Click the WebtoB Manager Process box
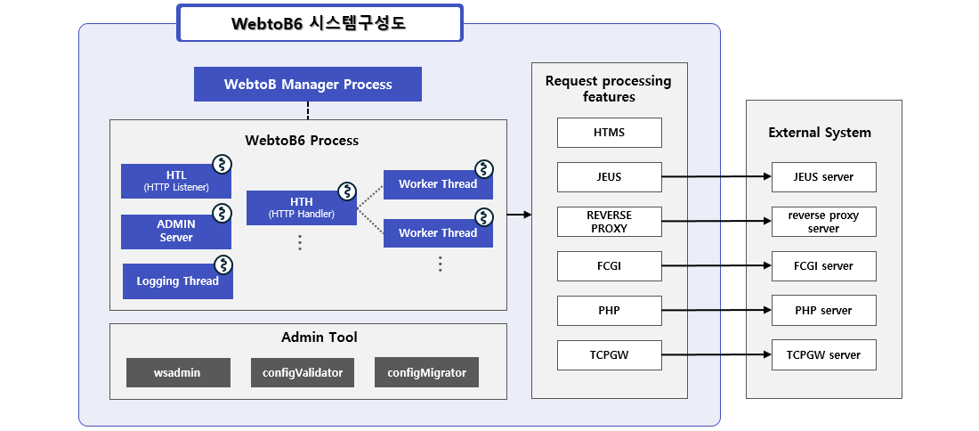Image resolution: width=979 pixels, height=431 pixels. pos(308,85)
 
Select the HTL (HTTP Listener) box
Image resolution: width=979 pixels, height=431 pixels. pos(176,181)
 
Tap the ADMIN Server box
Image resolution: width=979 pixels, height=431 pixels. pos(176,232)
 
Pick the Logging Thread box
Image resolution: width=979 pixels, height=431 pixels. pos(177,281)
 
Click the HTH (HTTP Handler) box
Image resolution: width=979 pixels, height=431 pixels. pos(301,207)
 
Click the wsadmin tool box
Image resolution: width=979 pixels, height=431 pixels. pos(177,372)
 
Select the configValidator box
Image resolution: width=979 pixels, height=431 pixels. pos(303,372)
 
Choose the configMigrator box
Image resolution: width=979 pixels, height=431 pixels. pos(426,372)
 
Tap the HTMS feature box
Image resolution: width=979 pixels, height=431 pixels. pos(610,133)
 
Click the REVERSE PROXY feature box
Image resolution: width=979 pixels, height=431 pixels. pos(610,222)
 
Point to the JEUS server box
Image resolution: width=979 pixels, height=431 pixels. pos(823,177)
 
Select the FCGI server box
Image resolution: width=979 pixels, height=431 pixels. pos(823,266)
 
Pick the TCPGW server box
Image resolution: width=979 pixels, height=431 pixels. pos(823,355)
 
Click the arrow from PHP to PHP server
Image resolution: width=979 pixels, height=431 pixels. pos(716,311)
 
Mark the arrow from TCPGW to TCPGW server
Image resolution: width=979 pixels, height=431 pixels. pos(716,355)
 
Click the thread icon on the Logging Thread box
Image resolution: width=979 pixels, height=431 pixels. pos(222,264)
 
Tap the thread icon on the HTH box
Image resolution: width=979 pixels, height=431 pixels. pos(347,191)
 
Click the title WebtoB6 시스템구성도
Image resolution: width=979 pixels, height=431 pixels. pos(320,23)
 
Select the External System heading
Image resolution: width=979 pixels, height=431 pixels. pos(820,133)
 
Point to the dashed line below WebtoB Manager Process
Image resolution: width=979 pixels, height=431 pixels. pos(308,110)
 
